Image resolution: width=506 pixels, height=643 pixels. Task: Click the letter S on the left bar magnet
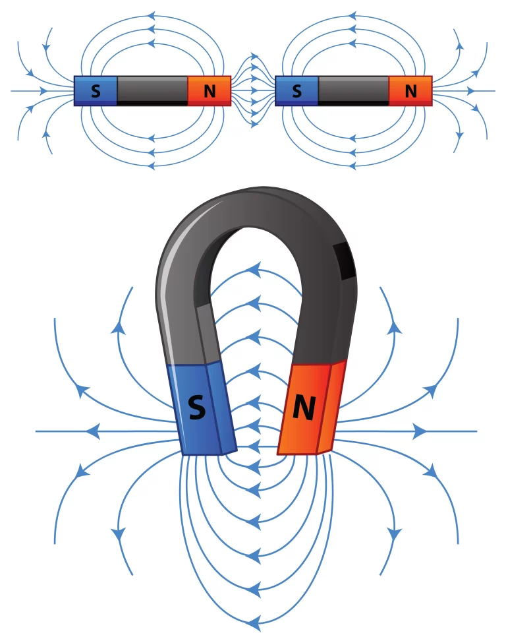click(96, 91)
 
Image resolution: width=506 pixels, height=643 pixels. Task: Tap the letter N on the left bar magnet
click(210, 91)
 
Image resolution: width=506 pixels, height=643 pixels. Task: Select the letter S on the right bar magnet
click(296, 91)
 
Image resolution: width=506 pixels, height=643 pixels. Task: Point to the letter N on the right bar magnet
click(410, 91)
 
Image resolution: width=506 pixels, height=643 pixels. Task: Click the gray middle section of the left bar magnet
click(152, 90)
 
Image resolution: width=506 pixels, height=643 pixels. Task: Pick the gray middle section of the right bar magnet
click(353, 90)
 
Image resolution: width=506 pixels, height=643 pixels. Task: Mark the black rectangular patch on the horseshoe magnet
click(344, 260)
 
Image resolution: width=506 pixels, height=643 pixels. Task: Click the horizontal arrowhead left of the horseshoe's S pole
click(93, 431)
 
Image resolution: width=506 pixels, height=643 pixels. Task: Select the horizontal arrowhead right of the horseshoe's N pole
click(420, 431)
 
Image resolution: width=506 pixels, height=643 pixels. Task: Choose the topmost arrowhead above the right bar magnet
click(352, 16)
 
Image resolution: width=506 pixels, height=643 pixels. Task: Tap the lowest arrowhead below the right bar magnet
click(352, 166)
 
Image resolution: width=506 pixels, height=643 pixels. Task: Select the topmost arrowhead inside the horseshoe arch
click(254, 270)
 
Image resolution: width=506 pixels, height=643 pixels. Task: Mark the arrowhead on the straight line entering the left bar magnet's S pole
click(43, 90)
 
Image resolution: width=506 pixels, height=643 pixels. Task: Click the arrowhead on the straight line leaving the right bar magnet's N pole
click(471, 90)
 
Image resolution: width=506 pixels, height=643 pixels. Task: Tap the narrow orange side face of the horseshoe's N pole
click(332, 406)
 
